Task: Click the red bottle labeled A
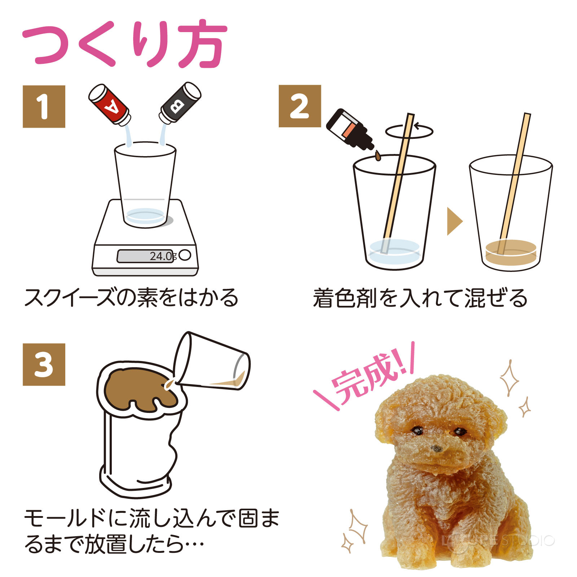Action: point(109,105)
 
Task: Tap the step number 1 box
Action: point(44,106)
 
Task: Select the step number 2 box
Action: point(300,106)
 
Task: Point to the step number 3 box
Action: point(44,364)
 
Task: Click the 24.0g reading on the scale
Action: point(162,256)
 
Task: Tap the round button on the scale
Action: point(185,255)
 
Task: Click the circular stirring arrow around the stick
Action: point(409,131)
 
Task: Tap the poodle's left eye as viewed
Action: point(418,430)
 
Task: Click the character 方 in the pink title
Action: point(201,44)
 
